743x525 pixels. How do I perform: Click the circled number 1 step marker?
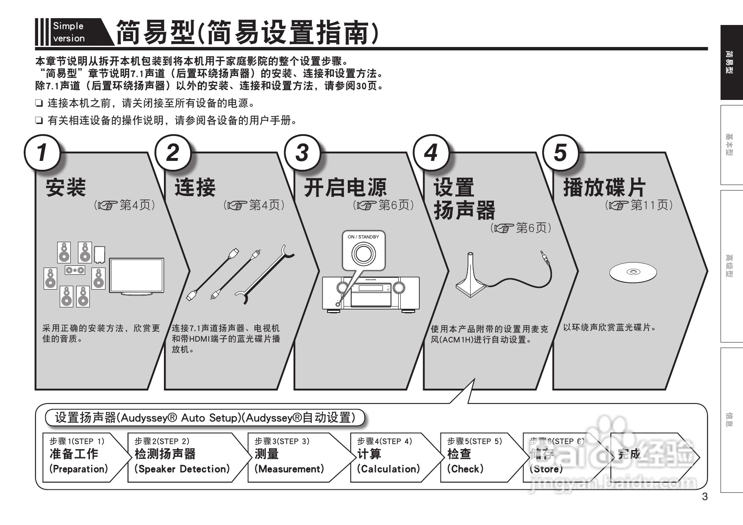(x=42, y=152)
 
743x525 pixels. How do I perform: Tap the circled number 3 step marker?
(x=302, y=152)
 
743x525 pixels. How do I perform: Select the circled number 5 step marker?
(x=560, y=152)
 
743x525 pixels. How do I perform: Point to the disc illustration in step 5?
(x=633, y=272)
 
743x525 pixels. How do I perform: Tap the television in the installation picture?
(x=136, y=275)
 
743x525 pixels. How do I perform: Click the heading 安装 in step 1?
(x=66, y=188)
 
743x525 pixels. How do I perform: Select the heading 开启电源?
(x=345, y=188)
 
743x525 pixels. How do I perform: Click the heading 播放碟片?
(x=604, y=188)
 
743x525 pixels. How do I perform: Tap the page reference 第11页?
(x=651, y=205)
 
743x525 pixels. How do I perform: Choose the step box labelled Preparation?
(x=83, y=457)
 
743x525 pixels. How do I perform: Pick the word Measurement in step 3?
(x=289, y=469)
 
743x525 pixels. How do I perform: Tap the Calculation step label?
(x=388, y=469)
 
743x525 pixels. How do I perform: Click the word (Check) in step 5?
(x=465, y=469)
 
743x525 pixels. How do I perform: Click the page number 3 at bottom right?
(x=705, y=497)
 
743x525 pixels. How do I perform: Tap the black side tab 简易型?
(x=731, y=63)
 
